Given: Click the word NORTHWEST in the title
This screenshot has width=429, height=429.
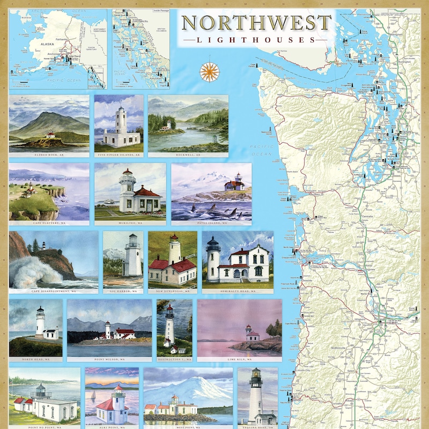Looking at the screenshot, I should pos(256,23).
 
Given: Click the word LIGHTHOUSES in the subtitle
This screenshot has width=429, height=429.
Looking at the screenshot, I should pos(256,40).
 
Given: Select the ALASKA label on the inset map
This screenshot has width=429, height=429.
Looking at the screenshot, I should pos(41,46).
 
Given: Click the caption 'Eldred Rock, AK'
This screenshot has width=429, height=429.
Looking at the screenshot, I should pos(49,154).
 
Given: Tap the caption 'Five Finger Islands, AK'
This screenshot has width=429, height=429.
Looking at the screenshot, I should pos(119,154).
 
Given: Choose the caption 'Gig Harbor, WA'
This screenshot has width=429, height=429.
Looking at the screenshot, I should pos(123,291).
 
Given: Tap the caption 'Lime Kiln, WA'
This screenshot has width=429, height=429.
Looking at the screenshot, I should pos(239,359).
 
